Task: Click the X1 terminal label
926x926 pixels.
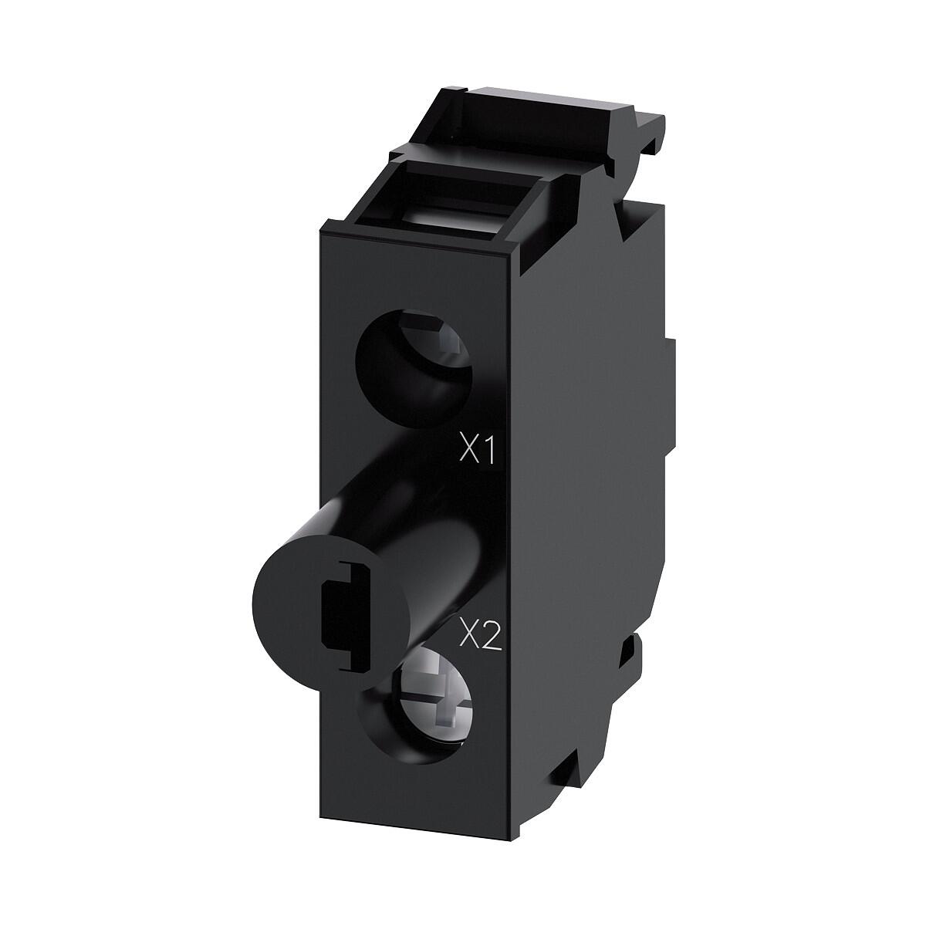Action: [x=476, y=451]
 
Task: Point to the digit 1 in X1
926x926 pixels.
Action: [x=487, y=451]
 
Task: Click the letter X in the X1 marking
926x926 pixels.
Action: [x=467, y=451]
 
